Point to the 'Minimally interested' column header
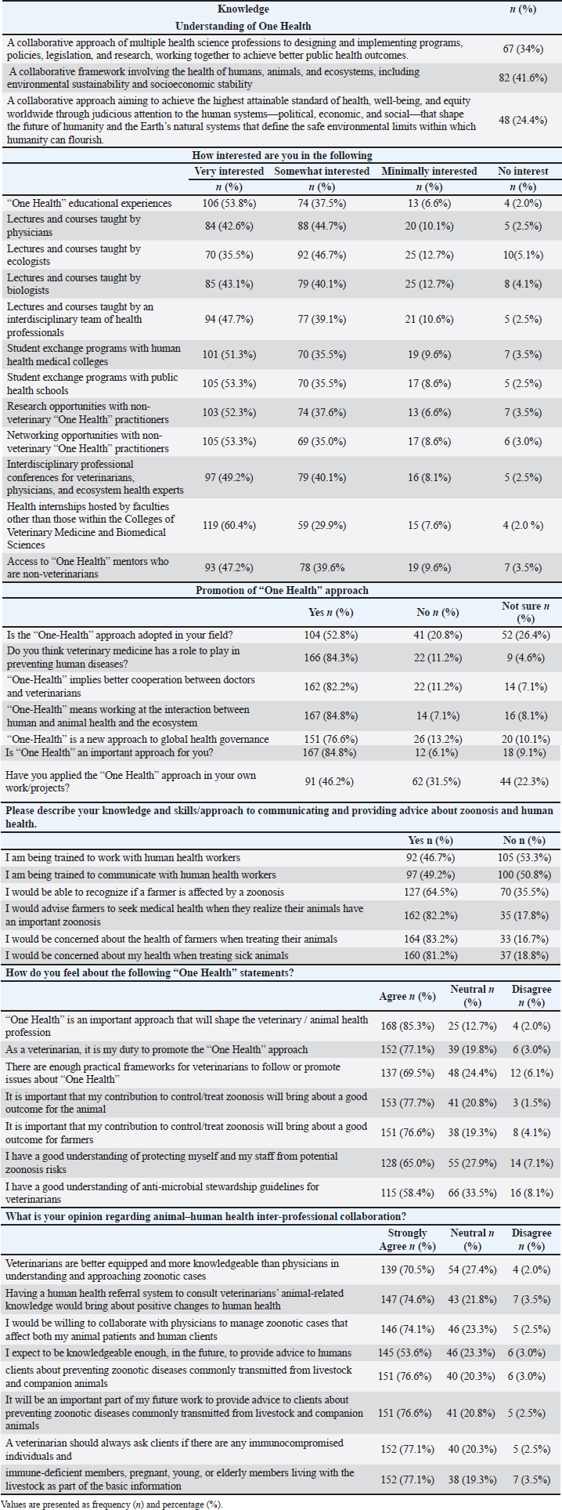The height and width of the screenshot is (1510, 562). [429, 171]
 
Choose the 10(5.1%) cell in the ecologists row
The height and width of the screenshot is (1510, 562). [523, 255]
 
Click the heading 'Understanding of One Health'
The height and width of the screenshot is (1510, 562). [243, 26]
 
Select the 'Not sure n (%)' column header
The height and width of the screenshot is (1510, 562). [525, 612]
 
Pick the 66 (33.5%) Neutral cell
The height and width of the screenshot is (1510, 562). [472, 1193]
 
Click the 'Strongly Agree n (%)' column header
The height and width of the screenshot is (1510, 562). [407, 1240]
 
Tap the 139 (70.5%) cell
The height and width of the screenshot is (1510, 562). [407, 1269]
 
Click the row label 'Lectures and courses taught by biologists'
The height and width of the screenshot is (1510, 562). [74, 284]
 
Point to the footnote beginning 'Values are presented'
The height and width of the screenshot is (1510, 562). [112, 1504]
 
